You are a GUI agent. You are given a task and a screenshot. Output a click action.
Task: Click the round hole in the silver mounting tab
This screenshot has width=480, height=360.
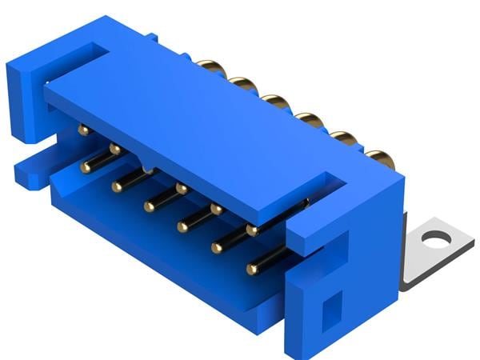point(436,238)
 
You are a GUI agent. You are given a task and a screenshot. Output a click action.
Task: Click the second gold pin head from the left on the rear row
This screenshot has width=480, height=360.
point(242,83)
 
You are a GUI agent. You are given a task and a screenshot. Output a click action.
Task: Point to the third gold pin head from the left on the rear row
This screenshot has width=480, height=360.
point(275,102)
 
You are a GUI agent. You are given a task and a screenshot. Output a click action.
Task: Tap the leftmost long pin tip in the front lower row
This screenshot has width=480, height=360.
point(85,166)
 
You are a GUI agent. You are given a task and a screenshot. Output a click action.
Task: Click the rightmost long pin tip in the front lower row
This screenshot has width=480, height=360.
point(253,268)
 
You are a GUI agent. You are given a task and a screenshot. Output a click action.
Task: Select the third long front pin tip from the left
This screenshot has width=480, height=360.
point(150,206)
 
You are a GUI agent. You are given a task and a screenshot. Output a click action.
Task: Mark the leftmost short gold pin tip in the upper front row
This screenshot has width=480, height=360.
point(82,130)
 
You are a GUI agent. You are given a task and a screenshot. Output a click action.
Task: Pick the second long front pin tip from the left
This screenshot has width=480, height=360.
point(117,186)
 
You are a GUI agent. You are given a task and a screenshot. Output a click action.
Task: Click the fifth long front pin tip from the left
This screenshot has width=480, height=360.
point(216,247)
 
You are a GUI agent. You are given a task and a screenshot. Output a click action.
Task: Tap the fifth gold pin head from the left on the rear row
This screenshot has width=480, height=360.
point(345,138)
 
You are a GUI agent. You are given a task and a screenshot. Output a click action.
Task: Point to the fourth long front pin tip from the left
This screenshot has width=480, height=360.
point(182,226)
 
